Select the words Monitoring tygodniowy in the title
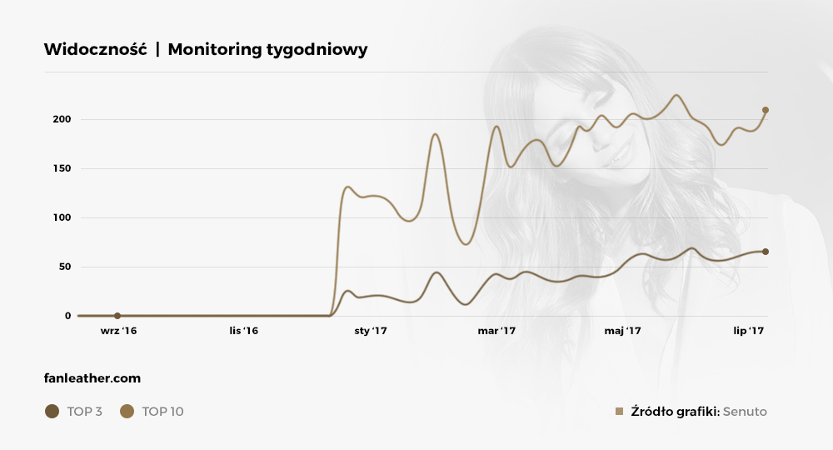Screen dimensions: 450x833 pyautogui.click(x=267, y=50)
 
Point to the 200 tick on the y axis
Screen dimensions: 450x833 pyautogui.click(x=62, y=119)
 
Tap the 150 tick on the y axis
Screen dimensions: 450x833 pyautogui.click(x=62, y=168)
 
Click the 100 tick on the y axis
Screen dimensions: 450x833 pyautogui.click(x=62, y=217)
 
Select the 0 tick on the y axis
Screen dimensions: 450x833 pyautogui.click(x=68, y=316)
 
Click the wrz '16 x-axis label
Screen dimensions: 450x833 pyautogui.click(x=117, y=331)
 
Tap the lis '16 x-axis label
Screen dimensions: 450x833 pyautogui.click(x=243, y=331)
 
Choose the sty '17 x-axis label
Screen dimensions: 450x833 pyautogui.click(x=371, y=331)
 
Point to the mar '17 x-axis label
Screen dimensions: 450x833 pyautogui.click(x=496, y=331)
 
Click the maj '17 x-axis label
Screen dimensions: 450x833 pyautogui.click(x=622, y=331)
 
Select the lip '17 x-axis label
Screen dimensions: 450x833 pyautogui.click(x=749, y=331)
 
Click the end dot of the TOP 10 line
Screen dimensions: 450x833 pyautogui.click(x=766, y=110)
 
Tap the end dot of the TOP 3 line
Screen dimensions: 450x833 pyautogui.click(x=766, y=252)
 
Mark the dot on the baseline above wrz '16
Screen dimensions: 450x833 pyautogui.click(x=117, y=316)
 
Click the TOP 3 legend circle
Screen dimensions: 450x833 pyautogui.click(x=52, y=411)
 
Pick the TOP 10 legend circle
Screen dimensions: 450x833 pyautogui.click(x=127, y=411)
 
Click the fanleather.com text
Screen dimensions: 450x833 pyautogui.click(x=92, y=378)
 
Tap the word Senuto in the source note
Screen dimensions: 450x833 pyautogui.click(x=745, y=412)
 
